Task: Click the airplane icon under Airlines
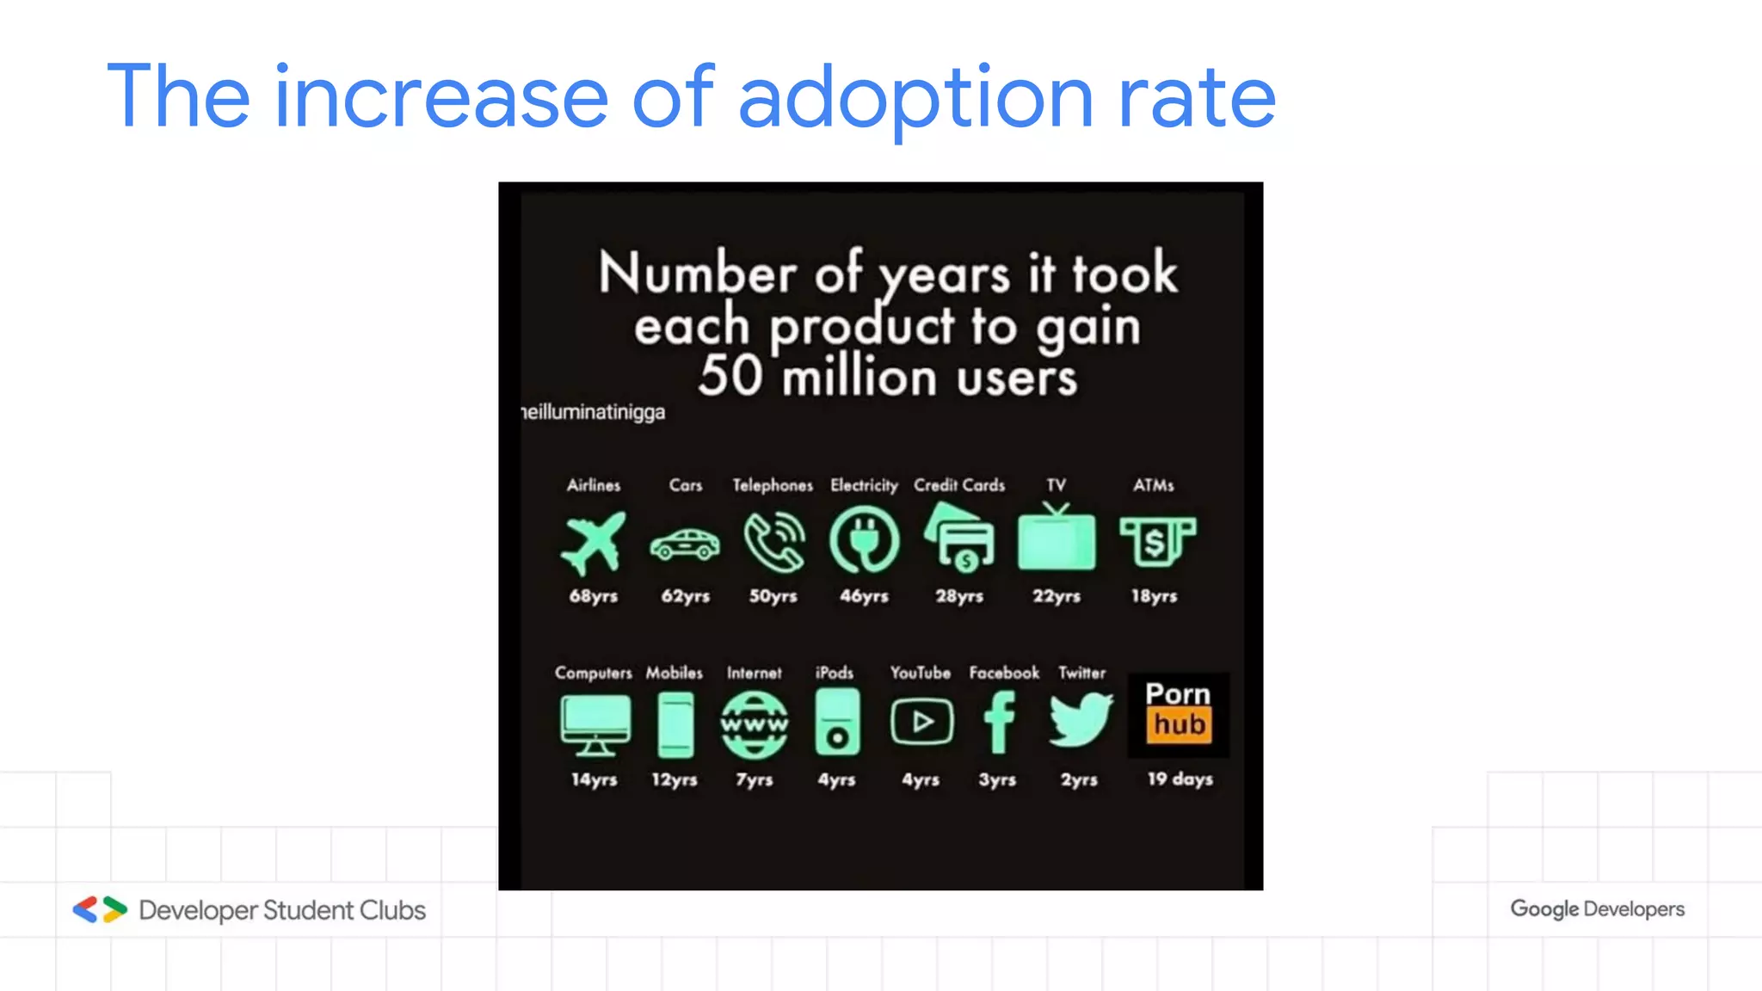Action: (593, 542)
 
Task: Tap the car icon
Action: (685, 545)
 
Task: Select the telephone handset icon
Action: (774, 543)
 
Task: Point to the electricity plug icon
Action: (864, 540)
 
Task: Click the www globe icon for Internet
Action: (754, 725)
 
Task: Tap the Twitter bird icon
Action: (1081, 719)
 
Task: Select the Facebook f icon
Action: (1000, 722)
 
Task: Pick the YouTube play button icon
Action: (921, 722)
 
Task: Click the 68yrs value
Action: (594, 596)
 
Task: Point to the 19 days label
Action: (1180, 779)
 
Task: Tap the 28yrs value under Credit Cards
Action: (959, 596)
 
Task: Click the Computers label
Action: (593, 673)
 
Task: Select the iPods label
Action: (835, 673)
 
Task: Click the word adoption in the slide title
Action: (915, 99)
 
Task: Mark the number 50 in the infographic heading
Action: (730, 376)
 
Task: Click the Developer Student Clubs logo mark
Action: (100, 910)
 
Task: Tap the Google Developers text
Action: (1597, 909)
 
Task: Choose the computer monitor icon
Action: (595, 725)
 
